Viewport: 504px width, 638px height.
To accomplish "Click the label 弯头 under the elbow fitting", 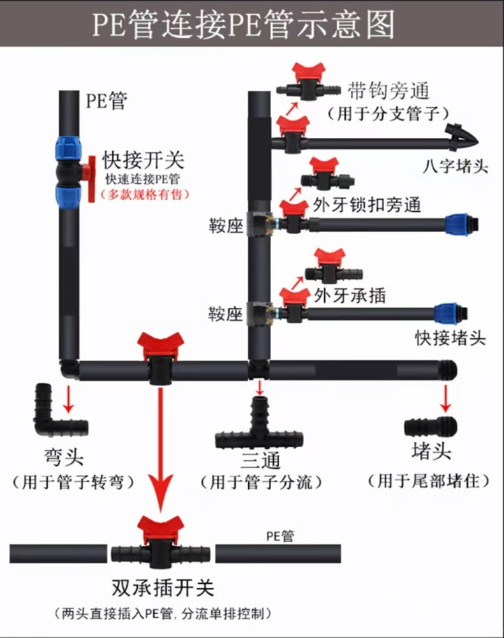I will coord(64,457).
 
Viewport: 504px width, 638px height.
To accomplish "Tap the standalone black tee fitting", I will coord(260,429).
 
